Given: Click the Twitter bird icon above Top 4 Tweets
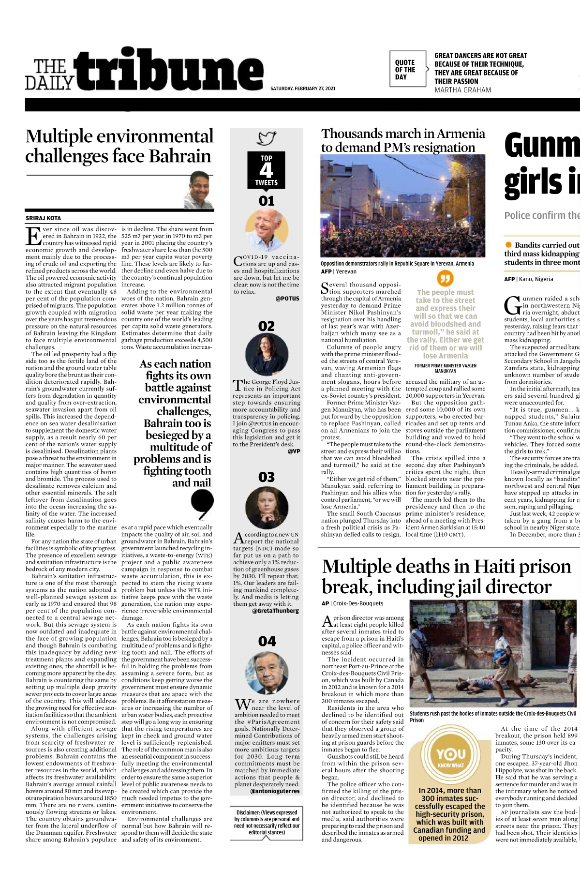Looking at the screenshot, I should pos(266,139).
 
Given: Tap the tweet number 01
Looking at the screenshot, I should pos(267,201).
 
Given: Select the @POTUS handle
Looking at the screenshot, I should pos(287,299).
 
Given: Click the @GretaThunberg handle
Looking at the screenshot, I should pos(275,611).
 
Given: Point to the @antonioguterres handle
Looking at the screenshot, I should pos(275,791).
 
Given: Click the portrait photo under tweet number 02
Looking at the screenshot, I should pos(267,355).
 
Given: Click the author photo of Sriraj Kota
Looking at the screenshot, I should pos(199,189).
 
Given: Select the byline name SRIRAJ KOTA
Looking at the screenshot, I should pos(44,218).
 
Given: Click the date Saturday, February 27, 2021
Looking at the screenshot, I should pos(303,89).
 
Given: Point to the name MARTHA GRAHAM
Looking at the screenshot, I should pos(462,90).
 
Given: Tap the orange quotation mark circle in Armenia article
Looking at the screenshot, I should pos(445,278).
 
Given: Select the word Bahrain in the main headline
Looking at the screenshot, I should pos(180,156).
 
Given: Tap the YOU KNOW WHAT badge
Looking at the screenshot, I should pos(451,757).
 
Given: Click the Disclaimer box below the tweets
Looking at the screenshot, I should pos(267,822).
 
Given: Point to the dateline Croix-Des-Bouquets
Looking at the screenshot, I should pos(358,603).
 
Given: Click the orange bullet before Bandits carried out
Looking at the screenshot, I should pos(508,245).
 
